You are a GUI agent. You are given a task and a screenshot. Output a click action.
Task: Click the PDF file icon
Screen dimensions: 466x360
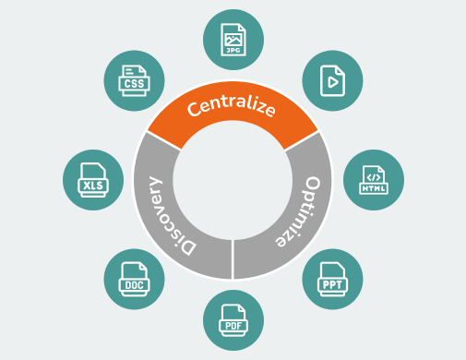(x=233, y=318)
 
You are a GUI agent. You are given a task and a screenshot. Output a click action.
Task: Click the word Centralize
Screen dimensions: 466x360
(x=232, y=108)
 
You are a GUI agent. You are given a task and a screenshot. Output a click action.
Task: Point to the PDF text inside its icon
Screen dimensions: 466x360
(x=233, y=325)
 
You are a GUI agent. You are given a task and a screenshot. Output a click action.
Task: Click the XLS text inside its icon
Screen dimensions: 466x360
(x=92, y=186)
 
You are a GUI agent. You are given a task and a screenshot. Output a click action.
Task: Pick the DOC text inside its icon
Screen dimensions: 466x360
(x=133, y=285)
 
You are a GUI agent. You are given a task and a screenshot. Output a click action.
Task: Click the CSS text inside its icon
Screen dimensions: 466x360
(x=133, y=84)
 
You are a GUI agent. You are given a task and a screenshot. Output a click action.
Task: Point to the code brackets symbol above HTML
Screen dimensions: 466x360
(x=372, y=174)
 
